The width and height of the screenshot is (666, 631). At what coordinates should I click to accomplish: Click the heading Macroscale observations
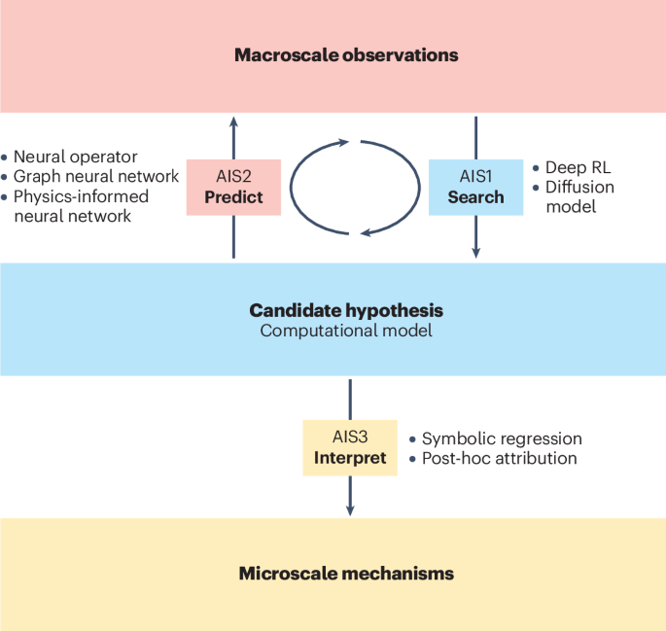tap(346, 55)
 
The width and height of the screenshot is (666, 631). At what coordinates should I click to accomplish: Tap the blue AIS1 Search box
tap(475, 187)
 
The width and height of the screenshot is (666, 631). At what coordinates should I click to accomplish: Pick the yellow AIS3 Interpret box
tap(350, 447)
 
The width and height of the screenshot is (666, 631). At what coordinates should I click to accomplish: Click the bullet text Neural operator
tap(75, 157)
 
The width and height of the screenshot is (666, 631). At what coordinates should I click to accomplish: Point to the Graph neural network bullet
tap(95, 176)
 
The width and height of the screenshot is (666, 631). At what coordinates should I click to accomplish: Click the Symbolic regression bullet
tap(502, 438)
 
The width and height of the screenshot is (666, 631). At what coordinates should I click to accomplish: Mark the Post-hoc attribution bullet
tap(500, 458)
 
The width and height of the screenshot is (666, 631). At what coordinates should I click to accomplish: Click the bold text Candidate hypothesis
tap(346, 311)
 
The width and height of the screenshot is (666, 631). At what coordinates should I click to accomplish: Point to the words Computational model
tap(346, 332)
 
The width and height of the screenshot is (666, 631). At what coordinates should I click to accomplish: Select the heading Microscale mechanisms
tap(346, 574)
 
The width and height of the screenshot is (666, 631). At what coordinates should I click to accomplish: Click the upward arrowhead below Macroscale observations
tap(232, 121)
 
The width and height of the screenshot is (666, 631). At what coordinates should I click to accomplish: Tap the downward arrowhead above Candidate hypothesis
tap(475, 251)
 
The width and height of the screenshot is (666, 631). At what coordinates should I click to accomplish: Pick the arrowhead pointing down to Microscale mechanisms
tap(350, 508)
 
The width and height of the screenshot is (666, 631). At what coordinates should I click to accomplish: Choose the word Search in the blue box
tap(475, 196)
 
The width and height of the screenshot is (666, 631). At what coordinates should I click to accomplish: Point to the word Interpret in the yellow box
tap(350, 457)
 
